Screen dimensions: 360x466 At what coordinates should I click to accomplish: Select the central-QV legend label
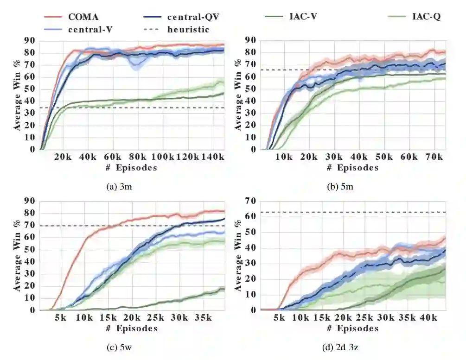coord(192,17)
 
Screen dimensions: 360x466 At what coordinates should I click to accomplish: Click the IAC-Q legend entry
coord(426,17)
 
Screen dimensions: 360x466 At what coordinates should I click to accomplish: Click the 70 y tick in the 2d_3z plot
coord(251,201)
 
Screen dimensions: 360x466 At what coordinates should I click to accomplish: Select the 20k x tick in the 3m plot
coord(63,158)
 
